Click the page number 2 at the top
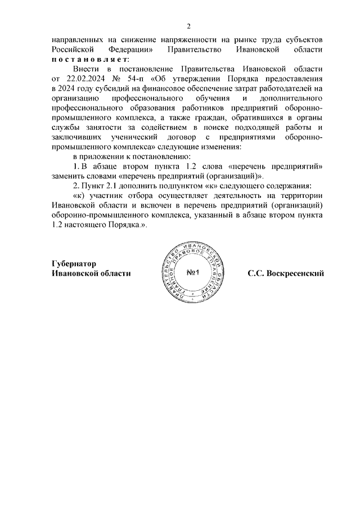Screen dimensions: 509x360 (189, 26)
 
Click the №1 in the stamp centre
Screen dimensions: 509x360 (194, 273)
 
